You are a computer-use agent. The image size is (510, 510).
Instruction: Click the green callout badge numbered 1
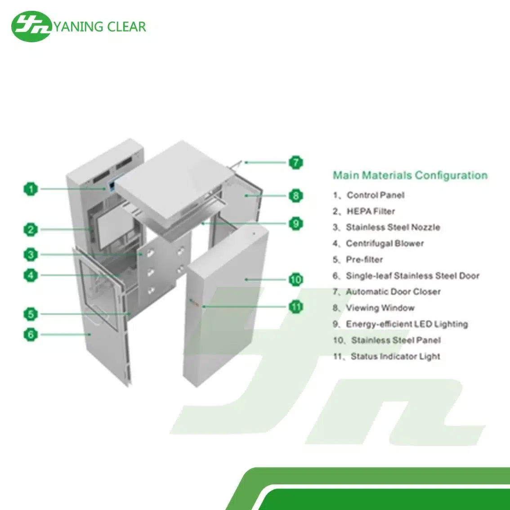pos(31,189)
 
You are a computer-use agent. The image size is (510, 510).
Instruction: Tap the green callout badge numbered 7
pos(295,162)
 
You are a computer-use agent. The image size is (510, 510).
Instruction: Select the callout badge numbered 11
pos(295,307)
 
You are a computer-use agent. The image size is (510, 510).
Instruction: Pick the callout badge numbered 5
pos(31,314)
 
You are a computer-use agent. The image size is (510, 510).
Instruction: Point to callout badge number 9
pos(295,224)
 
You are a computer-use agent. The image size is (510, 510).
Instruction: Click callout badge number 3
pos(31,255)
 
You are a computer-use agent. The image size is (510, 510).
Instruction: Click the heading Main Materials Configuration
pos(410,175)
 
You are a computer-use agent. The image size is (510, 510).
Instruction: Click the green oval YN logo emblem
pos(31,27)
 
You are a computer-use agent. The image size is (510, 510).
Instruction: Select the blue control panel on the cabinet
pos(112,186)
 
